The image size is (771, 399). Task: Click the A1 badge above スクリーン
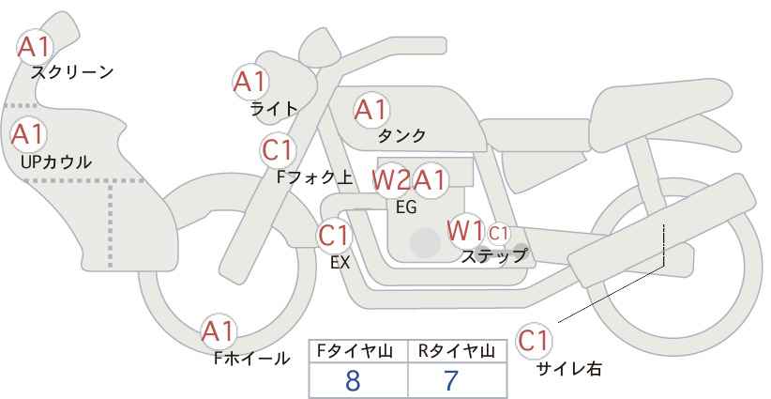point(36,45)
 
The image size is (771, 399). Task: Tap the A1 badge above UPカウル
point(28,134)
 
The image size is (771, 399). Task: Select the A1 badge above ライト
point(249,82)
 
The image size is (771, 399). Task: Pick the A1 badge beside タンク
point(370,110)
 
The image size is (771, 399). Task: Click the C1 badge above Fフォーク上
point(279,148)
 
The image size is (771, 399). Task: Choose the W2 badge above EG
point(390,180)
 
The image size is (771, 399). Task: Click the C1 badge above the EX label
point(334,235)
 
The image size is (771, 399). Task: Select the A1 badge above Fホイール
point(219,330)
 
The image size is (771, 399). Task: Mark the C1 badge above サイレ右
point(534,340)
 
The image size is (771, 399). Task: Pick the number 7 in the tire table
point(451,381)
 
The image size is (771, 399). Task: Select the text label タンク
point(402,135)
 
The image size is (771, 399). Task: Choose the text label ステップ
point(494,254)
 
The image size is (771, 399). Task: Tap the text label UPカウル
point(55,162)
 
